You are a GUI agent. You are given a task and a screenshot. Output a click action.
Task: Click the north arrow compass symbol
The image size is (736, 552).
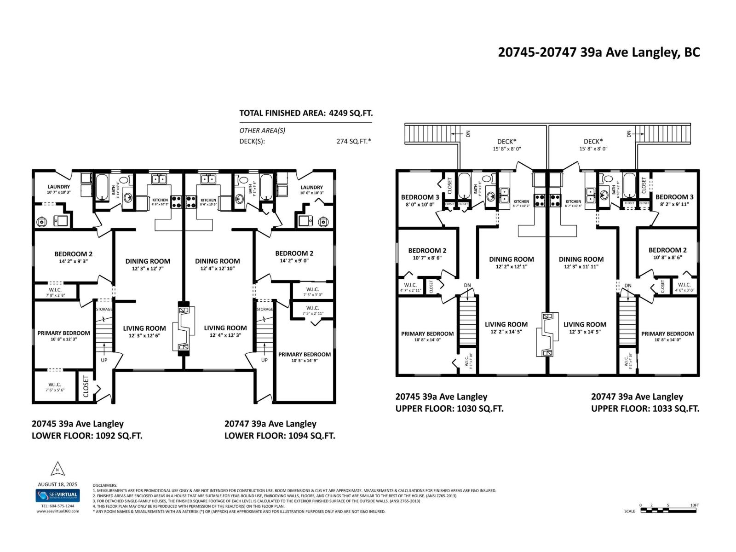click(57, 469)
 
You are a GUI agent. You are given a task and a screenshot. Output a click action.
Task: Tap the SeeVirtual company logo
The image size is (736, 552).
click(57, 495)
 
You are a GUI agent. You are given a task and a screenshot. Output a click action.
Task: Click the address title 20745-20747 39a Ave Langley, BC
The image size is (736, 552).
click(598, 52)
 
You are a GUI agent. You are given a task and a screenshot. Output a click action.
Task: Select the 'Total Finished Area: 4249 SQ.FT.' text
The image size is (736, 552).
click(305, 113)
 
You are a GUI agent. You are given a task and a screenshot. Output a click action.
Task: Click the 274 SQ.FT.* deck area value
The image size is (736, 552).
click(353, 141)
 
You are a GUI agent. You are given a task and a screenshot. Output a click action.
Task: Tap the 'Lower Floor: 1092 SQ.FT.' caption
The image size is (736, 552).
click(87, 436)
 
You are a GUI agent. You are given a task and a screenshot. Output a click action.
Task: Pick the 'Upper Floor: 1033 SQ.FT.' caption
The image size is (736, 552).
click(645, 408)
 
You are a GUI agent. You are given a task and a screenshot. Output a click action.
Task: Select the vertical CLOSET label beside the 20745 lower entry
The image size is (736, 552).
click(86, 386)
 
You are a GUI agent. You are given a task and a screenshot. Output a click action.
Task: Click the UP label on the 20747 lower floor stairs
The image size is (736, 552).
click(264, 360)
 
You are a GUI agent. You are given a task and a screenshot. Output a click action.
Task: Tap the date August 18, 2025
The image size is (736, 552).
click(57, 484)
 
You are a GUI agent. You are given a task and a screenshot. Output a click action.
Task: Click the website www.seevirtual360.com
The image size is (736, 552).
click(57, 511)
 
